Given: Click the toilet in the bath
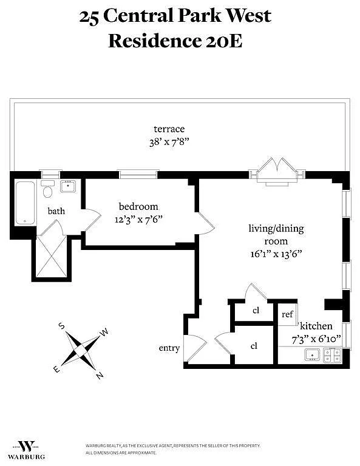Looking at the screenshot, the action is tap(47, 189).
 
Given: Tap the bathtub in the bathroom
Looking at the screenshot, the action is tap(25, 203).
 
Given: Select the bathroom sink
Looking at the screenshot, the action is tap(68, 186).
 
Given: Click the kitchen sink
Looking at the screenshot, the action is tap(312, 354).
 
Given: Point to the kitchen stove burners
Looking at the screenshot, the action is tap(332, 355).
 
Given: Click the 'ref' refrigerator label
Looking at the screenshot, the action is tap(288, 314).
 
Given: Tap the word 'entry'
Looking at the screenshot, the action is tap(169, 348).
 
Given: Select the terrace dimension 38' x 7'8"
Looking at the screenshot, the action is tap(169, 142).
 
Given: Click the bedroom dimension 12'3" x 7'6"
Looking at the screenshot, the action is tap(138, 220).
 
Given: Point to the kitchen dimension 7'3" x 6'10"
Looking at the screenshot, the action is tap(316, 339).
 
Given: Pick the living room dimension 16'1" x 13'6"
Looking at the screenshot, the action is tap(276, 254).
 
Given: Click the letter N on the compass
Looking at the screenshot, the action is tap(100, 376).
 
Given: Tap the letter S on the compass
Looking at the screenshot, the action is tap(61, 326).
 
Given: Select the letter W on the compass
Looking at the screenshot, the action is tap(104, 333).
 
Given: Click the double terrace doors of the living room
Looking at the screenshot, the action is tap(277, 172).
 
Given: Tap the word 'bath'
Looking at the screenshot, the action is tap(56, 211).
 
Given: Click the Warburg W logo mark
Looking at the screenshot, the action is tap(26, 446).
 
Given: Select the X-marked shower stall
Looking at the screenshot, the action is tap(52, 256).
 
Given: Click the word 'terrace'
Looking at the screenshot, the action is tap(169, 129).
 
